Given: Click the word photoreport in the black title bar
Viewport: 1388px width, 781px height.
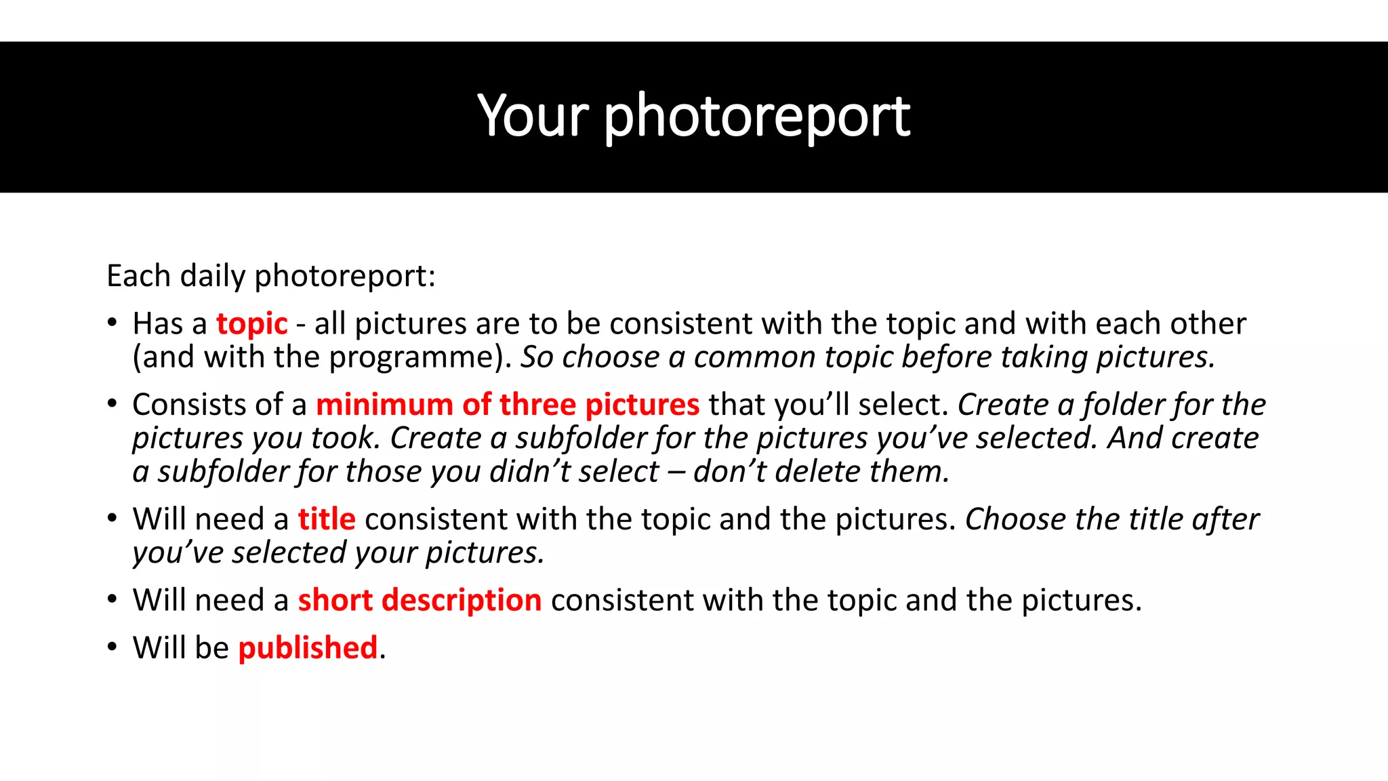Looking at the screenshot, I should coord(756,117).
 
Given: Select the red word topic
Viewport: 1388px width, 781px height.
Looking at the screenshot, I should coord(252,324).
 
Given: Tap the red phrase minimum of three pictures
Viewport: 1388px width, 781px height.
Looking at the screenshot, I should coord(508,405).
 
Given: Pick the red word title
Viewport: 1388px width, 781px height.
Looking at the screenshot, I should coord(327,519).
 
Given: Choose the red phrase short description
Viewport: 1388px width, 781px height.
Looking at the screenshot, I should coord(420,601).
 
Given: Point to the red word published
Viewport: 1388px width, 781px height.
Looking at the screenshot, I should coord(308,648).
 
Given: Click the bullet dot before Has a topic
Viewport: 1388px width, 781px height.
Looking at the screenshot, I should coord(112,323).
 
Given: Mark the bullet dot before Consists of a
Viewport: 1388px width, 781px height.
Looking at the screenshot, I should coord(112,404).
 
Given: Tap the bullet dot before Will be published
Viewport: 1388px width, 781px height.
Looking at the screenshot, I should coord(112,647).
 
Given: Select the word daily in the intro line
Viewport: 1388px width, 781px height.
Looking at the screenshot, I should coord(213,277).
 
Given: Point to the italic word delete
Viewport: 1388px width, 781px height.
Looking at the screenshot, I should coord(817,471).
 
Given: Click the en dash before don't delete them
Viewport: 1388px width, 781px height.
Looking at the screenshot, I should coord(676,472).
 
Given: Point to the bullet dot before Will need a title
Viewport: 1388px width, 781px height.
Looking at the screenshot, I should coord(112,519).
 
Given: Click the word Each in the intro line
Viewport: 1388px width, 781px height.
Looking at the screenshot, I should coord(138,277).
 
